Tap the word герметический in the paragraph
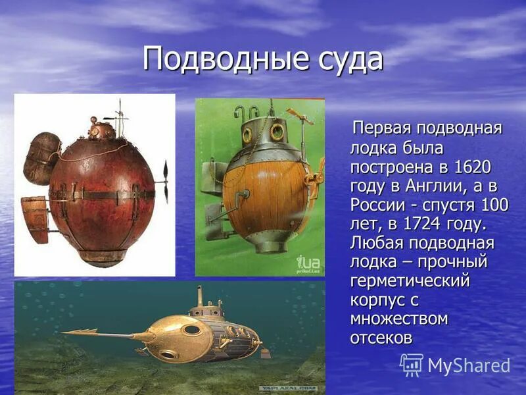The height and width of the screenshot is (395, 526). (x=410, y=282)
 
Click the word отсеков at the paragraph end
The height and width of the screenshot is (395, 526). (x=381, y=338)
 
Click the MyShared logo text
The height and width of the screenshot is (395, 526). (x=469, y=365)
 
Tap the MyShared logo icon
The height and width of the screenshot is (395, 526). (x=412, y=364)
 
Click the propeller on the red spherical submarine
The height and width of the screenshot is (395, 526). (x=164, y=181)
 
